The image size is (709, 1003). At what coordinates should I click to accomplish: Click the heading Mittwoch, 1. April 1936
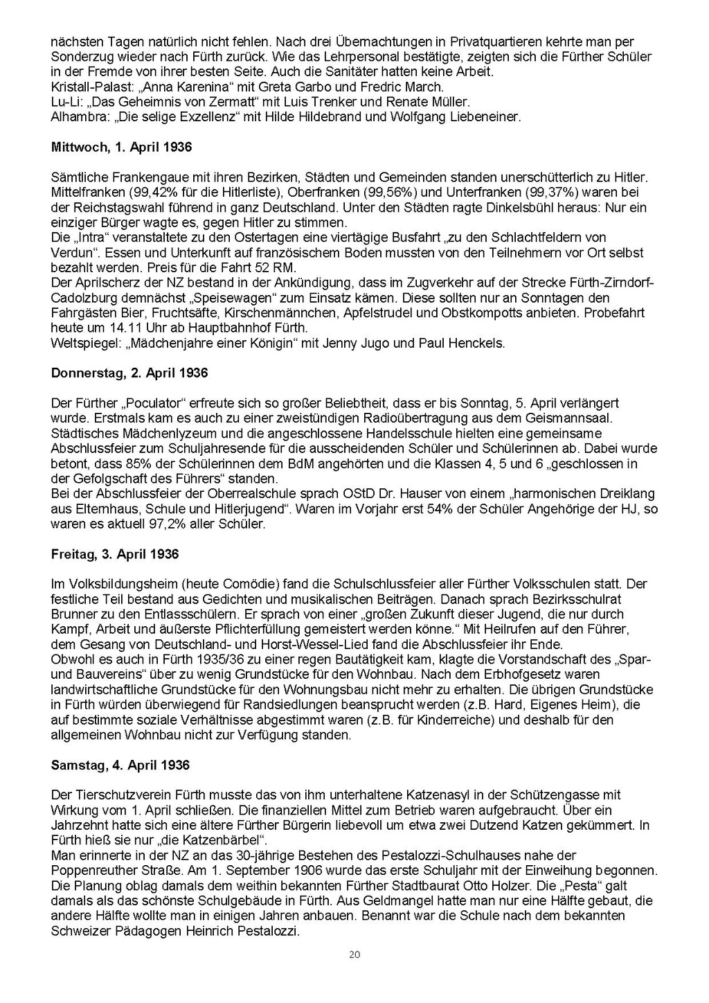point(121,148)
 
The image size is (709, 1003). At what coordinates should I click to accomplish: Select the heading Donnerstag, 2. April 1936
point(129,373)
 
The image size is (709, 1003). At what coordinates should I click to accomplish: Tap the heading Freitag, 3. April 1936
point(115,554)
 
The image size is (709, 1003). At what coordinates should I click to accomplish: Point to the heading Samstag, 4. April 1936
point(120,765)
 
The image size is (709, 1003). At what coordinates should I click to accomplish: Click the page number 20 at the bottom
point(354,955)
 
